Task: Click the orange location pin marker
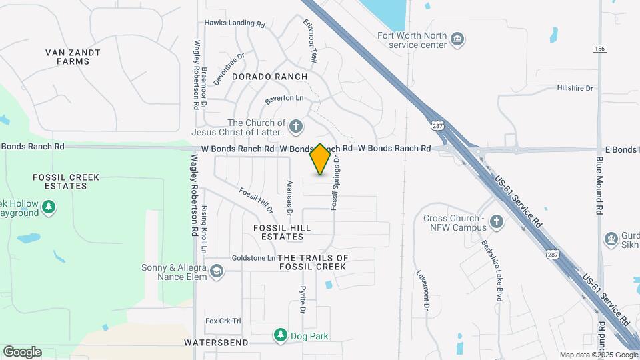tap(321, 159)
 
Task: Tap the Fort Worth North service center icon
tap(458, 39)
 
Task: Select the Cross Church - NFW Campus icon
tap(496, 221)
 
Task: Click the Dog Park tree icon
tap(281, 335)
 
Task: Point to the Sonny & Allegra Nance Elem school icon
tap(216, 271)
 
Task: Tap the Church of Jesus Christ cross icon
tap(296, 125)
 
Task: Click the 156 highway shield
tap(599, 48)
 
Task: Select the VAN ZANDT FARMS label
tap(73, 57)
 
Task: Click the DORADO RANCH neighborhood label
tap(270, 77)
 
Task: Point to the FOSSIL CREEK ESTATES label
tap(66, 181)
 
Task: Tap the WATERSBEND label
tap(216, 343)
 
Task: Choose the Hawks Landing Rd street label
tap(235, 23)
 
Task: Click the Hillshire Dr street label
tap(575, 88)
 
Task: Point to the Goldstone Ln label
tap(253, 258)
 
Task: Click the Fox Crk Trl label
tap(223, 321)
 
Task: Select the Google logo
tap(22, 351)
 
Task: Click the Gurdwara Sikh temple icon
tap(611, 239)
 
